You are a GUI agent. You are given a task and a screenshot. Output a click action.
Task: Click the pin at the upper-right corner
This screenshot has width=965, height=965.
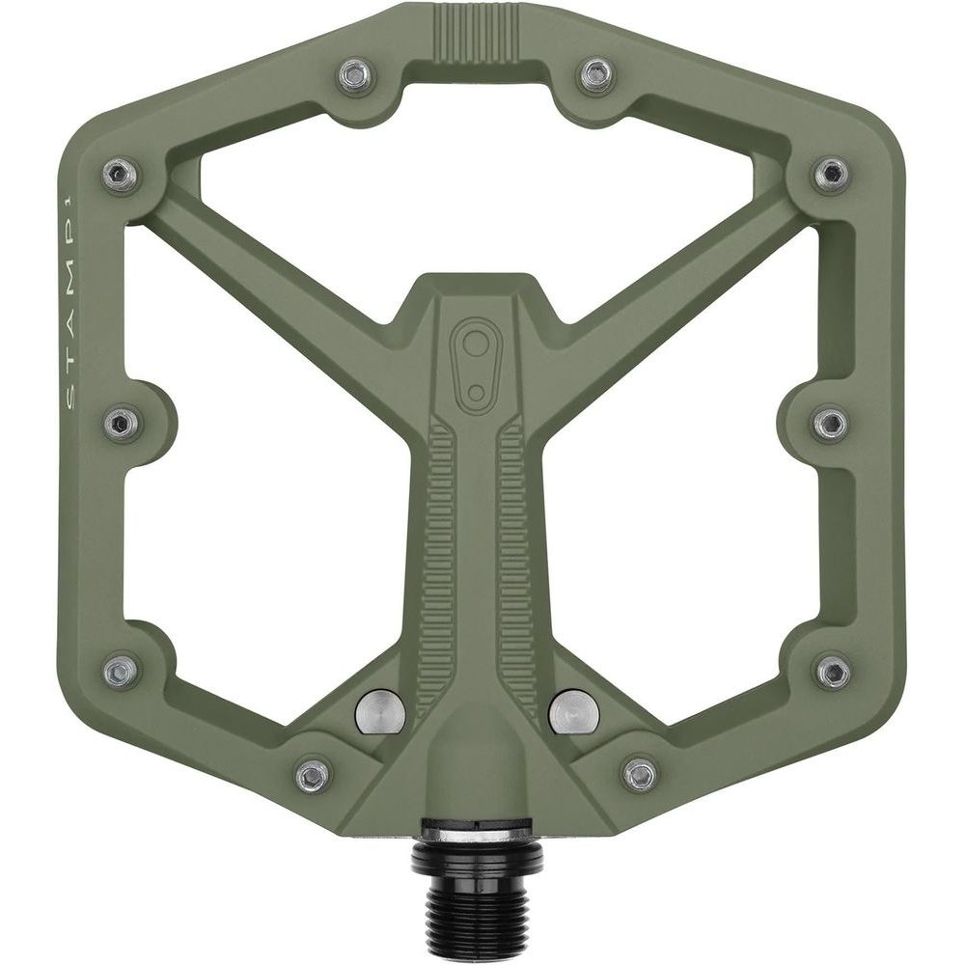coord(830,174)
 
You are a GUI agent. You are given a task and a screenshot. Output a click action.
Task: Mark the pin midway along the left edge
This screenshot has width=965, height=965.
coord(119,421)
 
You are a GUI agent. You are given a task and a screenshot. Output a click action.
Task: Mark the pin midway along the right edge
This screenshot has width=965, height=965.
coord(830,421)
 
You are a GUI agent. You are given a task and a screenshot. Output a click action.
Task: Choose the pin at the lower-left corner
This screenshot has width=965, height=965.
coord(120,668)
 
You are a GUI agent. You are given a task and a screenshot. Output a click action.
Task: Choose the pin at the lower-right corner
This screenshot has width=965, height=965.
coord(832,668)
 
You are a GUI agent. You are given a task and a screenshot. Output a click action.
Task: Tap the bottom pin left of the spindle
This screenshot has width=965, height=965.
coord(312,773)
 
